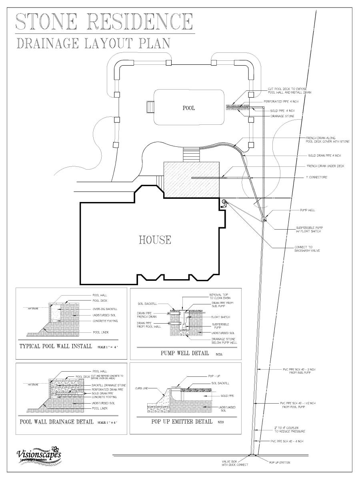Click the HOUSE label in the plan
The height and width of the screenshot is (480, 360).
[155, 240]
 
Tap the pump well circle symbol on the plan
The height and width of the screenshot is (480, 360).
[264, 219]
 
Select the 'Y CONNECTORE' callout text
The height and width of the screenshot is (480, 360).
[316, 177]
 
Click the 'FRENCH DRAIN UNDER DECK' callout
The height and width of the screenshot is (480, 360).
[325, 166]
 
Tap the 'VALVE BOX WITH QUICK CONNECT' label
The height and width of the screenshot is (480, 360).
[235, 463]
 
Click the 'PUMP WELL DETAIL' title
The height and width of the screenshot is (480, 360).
[184, 353]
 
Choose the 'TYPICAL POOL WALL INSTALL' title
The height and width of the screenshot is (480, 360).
[56, 346]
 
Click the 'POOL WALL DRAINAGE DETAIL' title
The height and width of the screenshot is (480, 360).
[56, 422]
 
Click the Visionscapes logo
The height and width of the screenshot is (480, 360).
[39, 455]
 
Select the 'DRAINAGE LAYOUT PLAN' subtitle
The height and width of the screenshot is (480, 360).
[94, 43]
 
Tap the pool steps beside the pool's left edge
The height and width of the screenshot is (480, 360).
[151, 108]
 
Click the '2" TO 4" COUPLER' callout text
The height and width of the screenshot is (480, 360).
[290, 430]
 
